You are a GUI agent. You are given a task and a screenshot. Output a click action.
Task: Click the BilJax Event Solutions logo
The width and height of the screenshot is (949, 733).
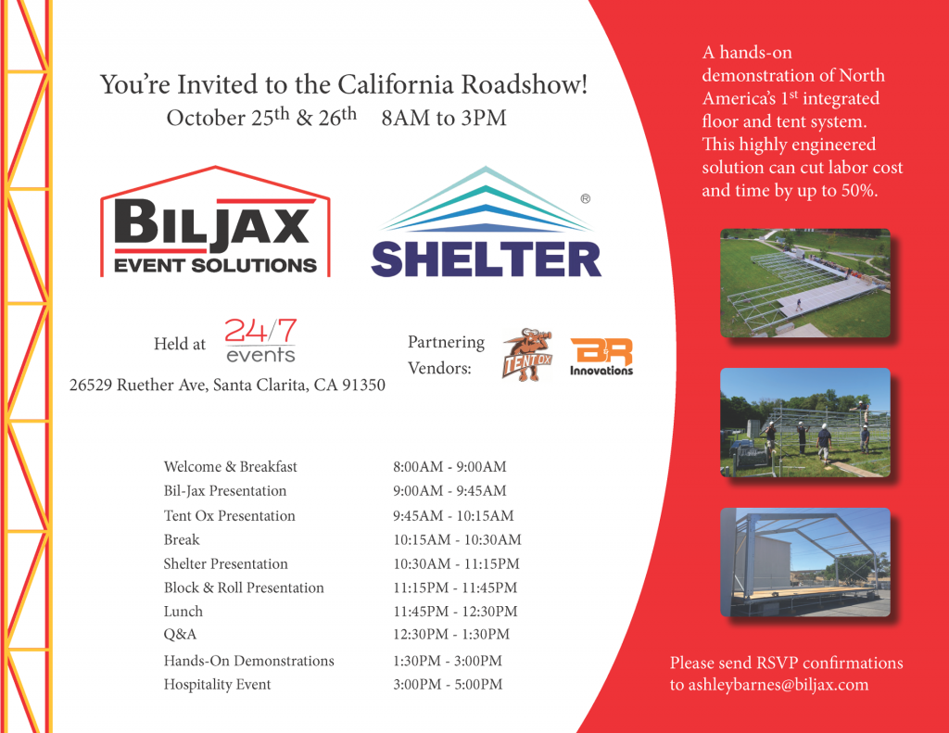click(x=215, y=222)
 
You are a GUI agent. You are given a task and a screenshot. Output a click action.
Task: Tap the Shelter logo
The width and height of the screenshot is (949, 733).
click(x=486, y=222)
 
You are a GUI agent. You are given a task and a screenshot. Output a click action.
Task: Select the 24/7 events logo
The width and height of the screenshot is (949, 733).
click(x=260, y=340)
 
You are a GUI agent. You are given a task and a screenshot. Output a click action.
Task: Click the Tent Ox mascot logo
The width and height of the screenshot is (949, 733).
click(x=527, y=355)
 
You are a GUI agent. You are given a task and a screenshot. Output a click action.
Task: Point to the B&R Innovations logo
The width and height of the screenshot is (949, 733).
click(x=601, y=357)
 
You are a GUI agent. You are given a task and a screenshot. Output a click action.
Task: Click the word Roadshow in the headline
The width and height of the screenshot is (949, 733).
click(x=525, y=84)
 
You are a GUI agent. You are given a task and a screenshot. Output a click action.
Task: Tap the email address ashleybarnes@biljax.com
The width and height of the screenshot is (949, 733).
click(x=778, y=685)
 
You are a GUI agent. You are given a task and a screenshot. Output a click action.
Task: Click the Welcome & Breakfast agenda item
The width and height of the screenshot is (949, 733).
click(x=230, y=467)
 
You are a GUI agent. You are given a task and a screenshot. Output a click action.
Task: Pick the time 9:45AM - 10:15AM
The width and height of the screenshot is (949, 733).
click(x=453, y=516)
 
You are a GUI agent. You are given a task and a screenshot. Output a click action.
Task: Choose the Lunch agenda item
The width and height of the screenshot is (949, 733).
click(x=183, y=612)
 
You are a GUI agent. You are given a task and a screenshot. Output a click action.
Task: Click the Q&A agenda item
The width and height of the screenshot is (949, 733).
click(x=180, y=635)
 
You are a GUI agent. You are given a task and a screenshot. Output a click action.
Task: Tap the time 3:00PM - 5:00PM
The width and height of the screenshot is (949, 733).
click(x=448, y=685)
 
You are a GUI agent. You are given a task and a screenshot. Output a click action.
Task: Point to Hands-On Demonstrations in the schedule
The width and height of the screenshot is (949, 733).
click(x=248, y=661)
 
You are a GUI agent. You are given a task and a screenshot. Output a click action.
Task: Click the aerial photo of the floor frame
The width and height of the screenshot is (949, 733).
click(x=805, y=283)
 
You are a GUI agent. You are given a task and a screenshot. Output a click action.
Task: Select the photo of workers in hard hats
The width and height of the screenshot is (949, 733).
click(x=805, y=423)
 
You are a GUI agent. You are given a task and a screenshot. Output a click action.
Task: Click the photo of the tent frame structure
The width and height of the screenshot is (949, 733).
click(x=805, y=562)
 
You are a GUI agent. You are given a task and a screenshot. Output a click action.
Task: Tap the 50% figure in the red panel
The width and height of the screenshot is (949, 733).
click(x=858, y=191)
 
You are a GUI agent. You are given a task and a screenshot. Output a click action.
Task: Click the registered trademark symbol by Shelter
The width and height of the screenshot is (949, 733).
click(x=586, y=198)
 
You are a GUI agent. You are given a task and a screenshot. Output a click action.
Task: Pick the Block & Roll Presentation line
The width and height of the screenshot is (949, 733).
click(x=244, y=588)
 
